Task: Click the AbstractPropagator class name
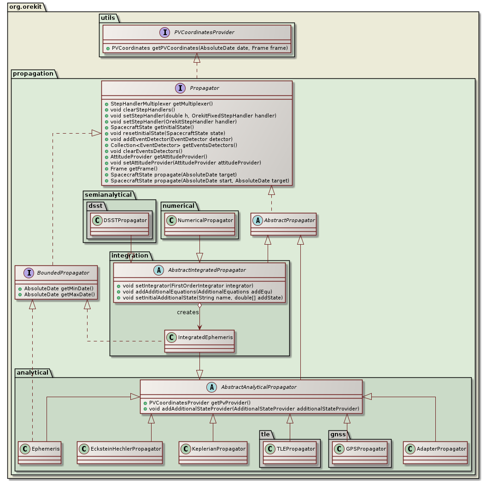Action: pyautogui.click(x=289, y=221)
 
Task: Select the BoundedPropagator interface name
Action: pyautogui.click(x=63, y=273)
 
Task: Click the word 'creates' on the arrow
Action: pyautogui.click(x=187, y=312)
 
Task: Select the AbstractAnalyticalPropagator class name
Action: pyautogui.click(x=258, y=387)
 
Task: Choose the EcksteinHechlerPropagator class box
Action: pyautogui.click(x=120, y=448)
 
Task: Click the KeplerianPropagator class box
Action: pyautogui.click(x=213, y=448)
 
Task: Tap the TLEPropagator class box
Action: pyautogui.click(x=290, y=448)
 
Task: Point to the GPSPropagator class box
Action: pyautogui.click(x=359, y=448)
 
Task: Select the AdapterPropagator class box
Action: pyautogui.click(x=435, y=448)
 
